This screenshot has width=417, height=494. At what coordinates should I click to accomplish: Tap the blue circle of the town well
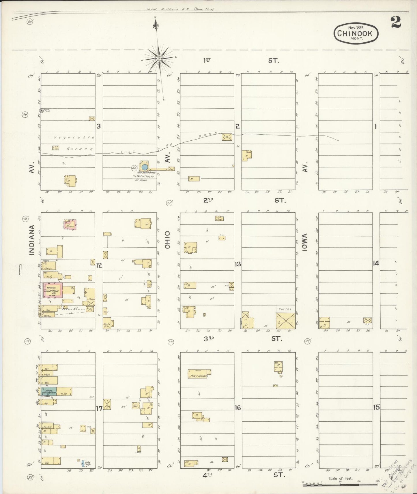tap(145, 167)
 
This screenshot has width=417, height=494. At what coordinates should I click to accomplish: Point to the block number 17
tap(99, 408)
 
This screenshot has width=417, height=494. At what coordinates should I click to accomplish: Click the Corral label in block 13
tap(285, 309)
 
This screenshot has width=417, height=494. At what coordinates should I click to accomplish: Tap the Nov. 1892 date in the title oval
tap(356, 28)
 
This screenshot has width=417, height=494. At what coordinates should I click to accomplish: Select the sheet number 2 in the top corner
tap(396, 22)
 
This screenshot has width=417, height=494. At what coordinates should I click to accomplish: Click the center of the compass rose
tap(159, 59)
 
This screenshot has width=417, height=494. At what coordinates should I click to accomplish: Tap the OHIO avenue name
tap(168, 240)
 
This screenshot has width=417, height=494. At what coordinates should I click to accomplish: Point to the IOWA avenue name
tap(305, 242)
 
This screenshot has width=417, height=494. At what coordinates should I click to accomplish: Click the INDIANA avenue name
tap(32, 240)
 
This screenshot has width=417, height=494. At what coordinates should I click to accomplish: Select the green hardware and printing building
tap(48, 391)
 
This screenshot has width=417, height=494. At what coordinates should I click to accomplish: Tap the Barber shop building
tap(48, 316)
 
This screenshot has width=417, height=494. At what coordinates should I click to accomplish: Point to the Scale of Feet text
tap(340, 479)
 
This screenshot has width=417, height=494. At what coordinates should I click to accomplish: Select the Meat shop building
tap(48, 374)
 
